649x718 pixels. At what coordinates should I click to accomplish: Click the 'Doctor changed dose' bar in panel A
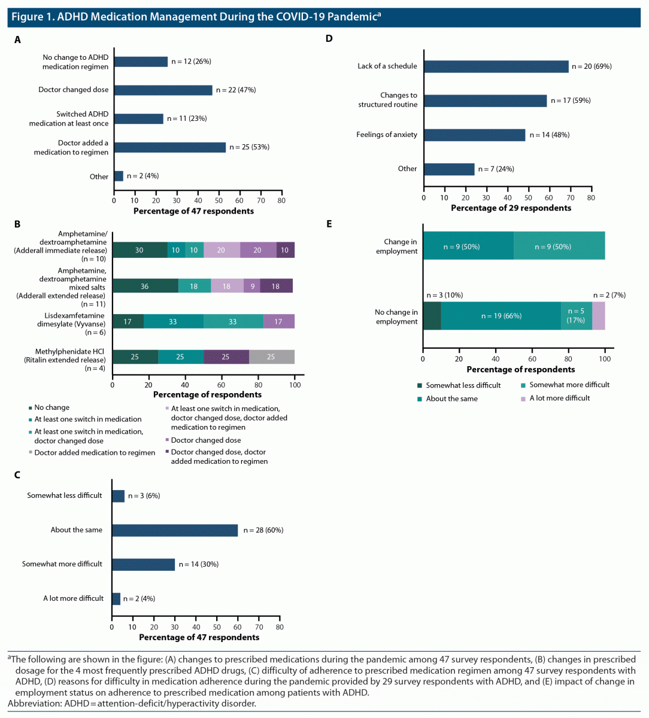coord(163,90)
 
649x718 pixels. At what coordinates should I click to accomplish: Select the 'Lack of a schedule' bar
coord(496,66)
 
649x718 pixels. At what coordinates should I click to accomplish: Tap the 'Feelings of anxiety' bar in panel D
coord(474,135)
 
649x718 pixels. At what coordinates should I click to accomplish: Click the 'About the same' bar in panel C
coord(175,530)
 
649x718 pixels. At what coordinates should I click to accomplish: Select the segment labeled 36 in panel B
coord(145,287)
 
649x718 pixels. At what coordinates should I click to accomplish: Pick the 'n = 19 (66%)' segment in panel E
coord(501,316)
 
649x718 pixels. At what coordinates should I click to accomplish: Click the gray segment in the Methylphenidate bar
coord(271,357)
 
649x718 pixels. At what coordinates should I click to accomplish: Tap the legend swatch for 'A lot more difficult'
coord(523,398)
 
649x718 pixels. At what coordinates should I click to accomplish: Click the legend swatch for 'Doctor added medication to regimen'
coord(30,453)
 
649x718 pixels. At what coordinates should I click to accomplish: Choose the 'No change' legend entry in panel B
coord(51,407)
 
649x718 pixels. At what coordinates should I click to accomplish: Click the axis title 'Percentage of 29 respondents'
coord(511,208)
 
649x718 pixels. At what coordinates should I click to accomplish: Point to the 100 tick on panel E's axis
coord(605,359)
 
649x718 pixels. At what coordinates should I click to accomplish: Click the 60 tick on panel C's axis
coord(238,627)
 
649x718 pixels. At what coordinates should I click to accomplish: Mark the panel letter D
coord(329,39)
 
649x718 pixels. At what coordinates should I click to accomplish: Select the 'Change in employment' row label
coord(396,247)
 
